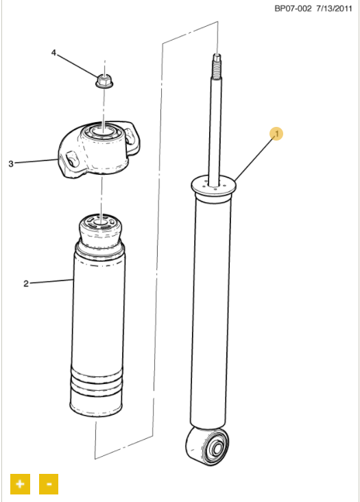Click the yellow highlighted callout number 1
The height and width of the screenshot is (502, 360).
tap(276, 134)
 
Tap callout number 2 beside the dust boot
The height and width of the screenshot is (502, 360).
tap(26, 284)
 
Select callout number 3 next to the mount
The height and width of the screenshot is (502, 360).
tap(11, 164)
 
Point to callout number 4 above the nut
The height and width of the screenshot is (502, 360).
tap(53, 53)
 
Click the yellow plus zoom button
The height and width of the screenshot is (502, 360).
tap(20, 483)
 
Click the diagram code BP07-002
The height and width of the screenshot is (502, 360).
tap(293, 9)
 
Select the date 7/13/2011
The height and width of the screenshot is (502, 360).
tap(334, 9)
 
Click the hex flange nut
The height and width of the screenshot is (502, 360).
tap(104, 80)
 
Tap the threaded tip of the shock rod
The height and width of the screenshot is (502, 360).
tap(217, 67)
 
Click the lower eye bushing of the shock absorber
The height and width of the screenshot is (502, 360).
tap(208, 444)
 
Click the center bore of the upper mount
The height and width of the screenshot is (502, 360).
tap(102, 131)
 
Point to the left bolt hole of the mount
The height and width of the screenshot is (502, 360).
tap(71, 159)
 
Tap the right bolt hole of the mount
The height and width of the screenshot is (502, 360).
tap(129, 135)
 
